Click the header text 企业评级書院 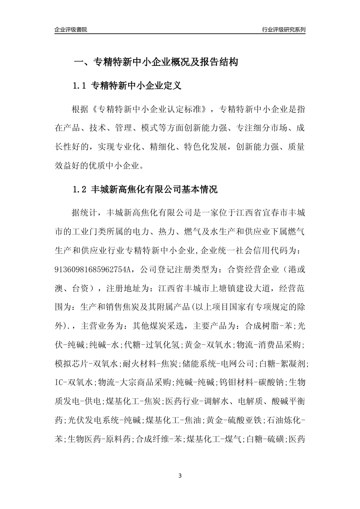(x=71, y=30)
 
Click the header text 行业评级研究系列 (x=283, y=30)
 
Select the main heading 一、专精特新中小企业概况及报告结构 (x=155, y=62)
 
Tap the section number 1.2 (x=80, y=189)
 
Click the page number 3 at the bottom (x=180, y=476)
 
